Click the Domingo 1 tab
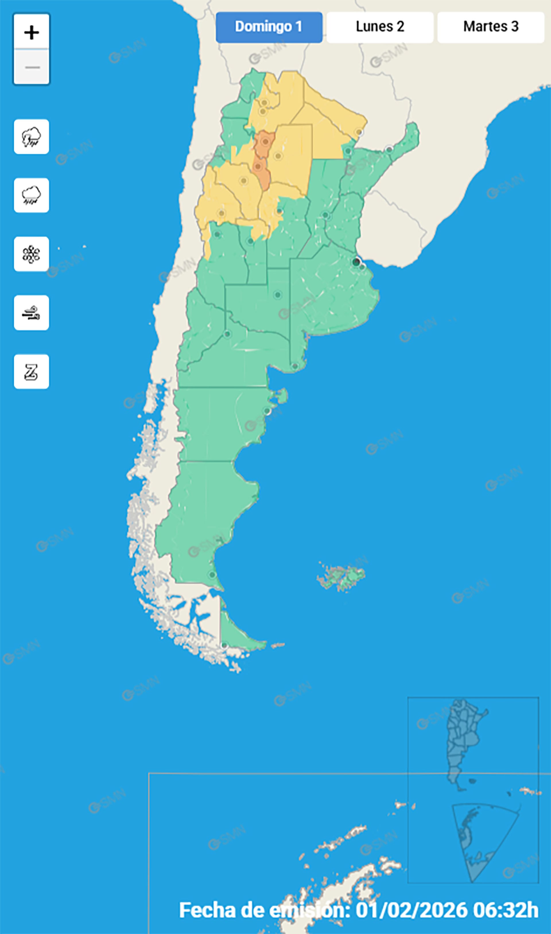(269, 27)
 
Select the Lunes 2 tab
(380, 27)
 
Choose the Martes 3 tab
(490, 27)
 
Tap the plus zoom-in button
(32, 32)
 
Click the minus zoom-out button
(32, 67)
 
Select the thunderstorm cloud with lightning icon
(32, 137)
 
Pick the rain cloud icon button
(32, 195)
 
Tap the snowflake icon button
(32, 254)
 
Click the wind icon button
(32, 313)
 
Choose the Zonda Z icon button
(32, 372)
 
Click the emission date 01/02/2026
(412, 910)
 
